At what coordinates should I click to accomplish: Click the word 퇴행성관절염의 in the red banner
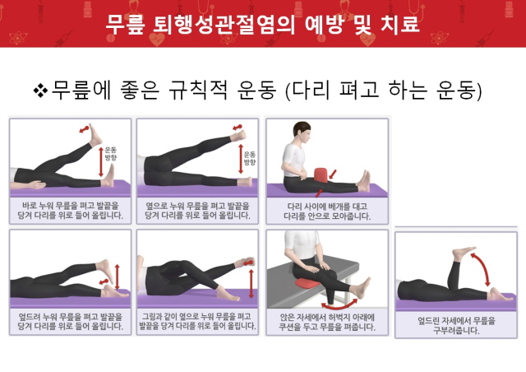tap(224, 24)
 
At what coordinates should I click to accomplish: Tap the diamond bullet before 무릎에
tap(40, 91)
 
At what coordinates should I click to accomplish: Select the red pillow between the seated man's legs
tap(321, 174)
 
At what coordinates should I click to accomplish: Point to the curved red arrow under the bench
tap(339, 305)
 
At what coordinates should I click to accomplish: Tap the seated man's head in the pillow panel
tap(302, 132)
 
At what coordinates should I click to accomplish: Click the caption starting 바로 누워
tap(70, 211)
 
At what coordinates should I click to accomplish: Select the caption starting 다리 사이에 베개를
tap(327, 211)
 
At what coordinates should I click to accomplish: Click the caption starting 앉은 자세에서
tap(327, 322)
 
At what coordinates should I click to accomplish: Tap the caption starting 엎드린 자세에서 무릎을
tap(456, 325)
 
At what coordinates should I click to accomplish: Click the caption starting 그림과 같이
tap(197, 321)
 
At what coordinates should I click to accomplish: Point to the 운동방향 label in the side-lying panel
tap(250, 158)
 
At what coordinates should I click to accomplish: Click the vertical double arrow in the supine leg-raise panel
tap(101, 162)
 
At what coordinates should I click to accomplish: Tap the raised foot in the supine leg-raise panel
tap(95, 135)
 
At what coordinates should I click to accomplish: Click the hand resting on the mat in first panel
tap(36, 185)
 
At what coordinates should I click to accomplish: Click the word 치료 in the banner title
tap(400, 24)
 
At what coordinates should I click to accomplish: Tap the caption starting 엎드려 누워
tap(70, 321)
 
